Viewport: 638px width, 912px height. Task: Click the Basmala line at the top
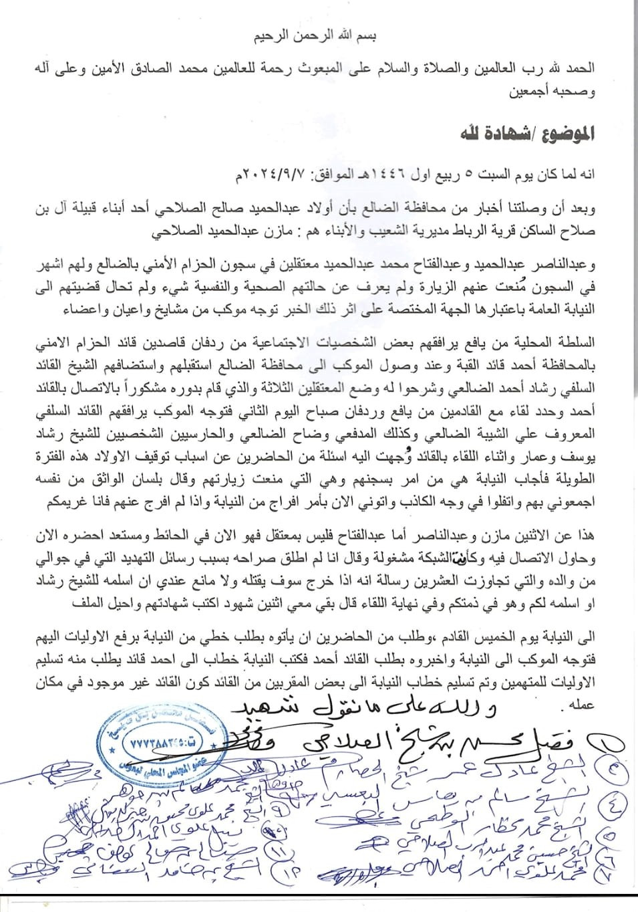pos(319,38)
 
